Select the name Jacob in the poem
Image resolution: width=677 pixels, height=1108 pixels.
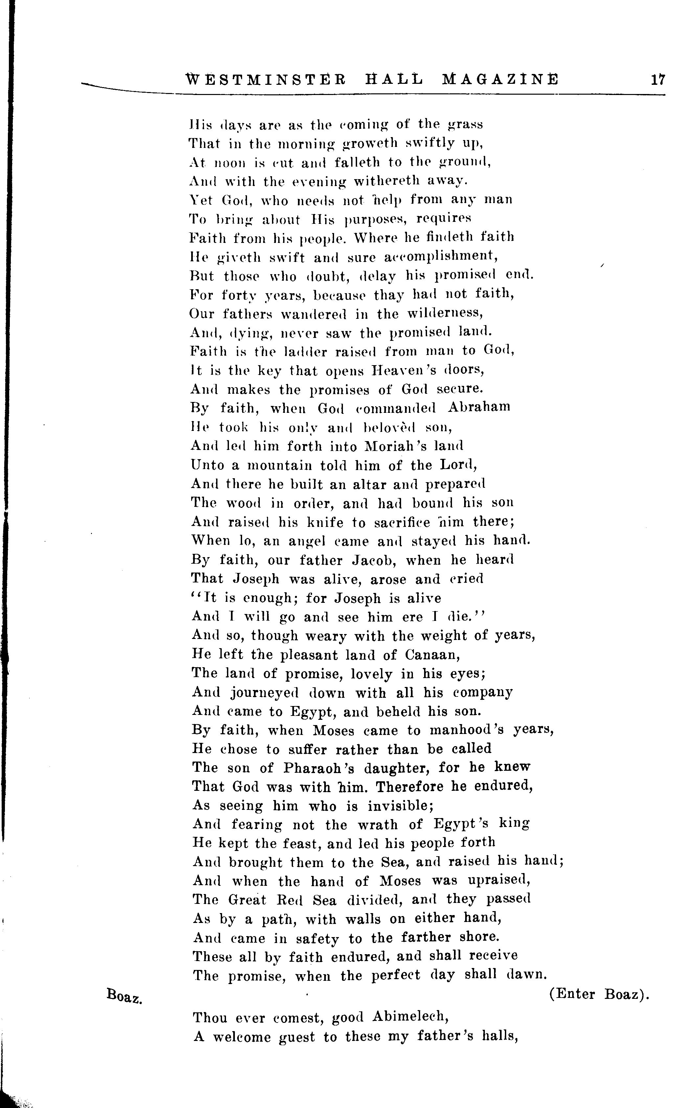click(369, 560)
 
